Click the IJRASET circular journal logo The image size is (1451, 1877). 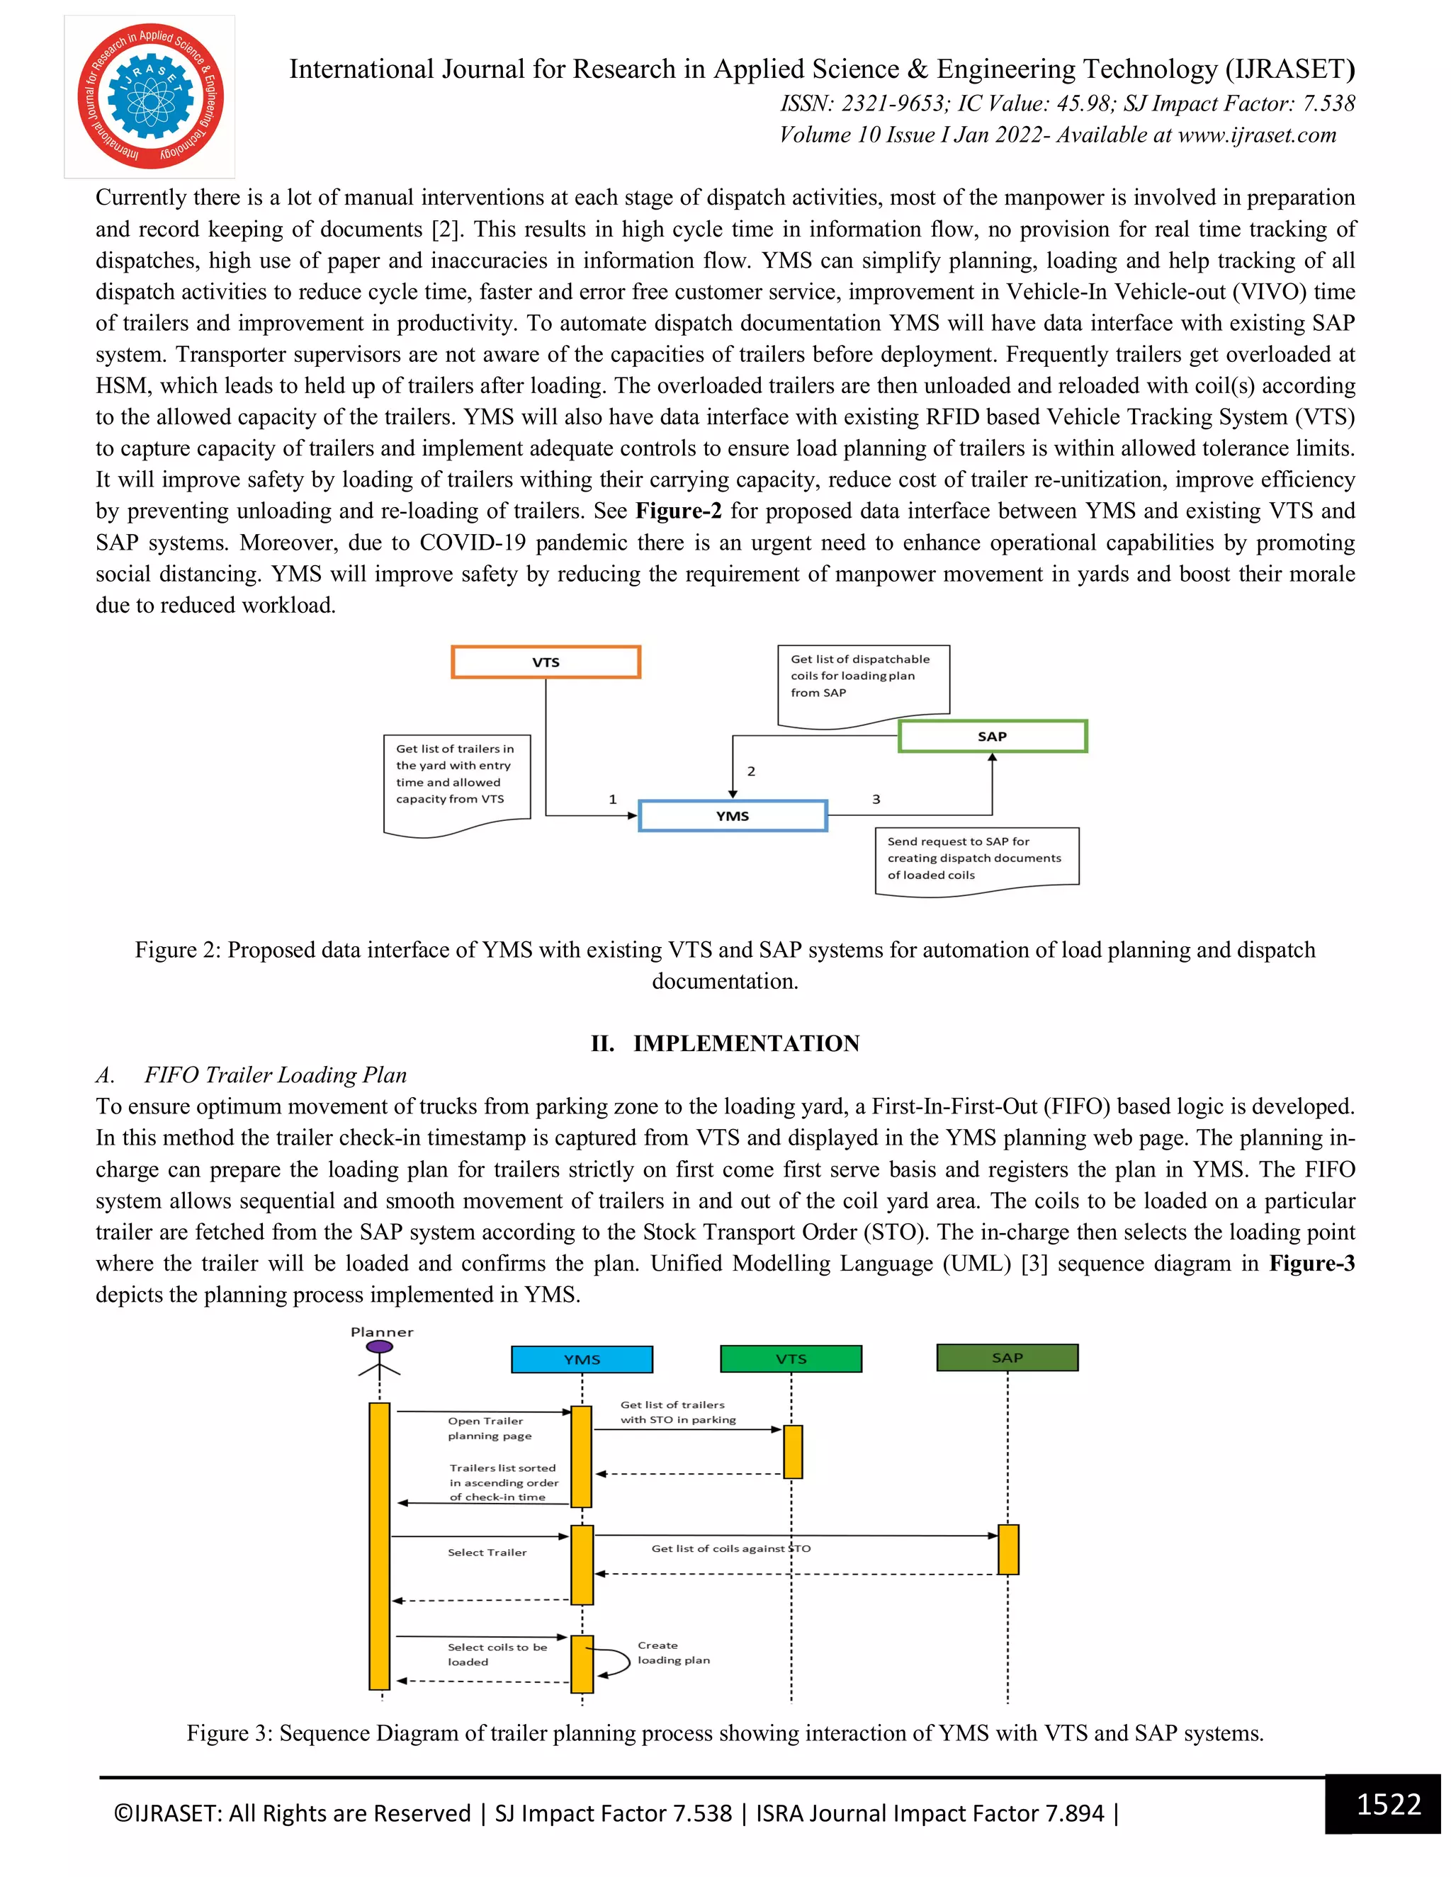tap(150, 96)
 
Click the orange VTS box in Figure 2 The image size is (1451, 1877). tap(546, 662)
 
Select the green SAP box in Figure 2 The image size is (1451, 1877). tap(992, 737)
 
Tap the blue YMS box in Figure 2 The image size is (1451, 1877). tap(733, 815)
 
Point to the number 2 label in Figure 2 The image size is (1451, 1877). tap(751, 771)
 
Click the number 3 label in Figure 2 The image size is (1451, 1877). tap(876, 799)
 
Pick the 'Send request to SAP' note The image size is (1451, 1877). tap(976, 858)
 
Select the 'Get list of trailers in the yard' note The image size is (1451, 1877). tap(456, 775)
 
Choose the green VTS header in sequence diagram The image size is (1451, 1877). tap(791, 1359)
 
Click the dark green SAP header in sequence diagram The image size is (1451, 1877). tap(1007, 1358)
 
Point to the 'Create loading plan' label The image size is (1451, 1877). tap(673, 1652)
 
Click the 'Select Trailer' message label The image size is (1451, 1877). tap(487, 1552)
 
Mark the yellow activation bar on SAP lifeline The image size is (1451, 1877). tap(1008, 1550)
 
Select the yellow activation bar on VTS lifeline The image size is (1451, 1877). tap(793, 1451)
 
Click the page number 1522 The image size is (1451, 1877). tap(1388, 1804)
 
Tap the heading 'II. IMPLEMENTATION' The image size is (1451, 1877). tap(725, 1043)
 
